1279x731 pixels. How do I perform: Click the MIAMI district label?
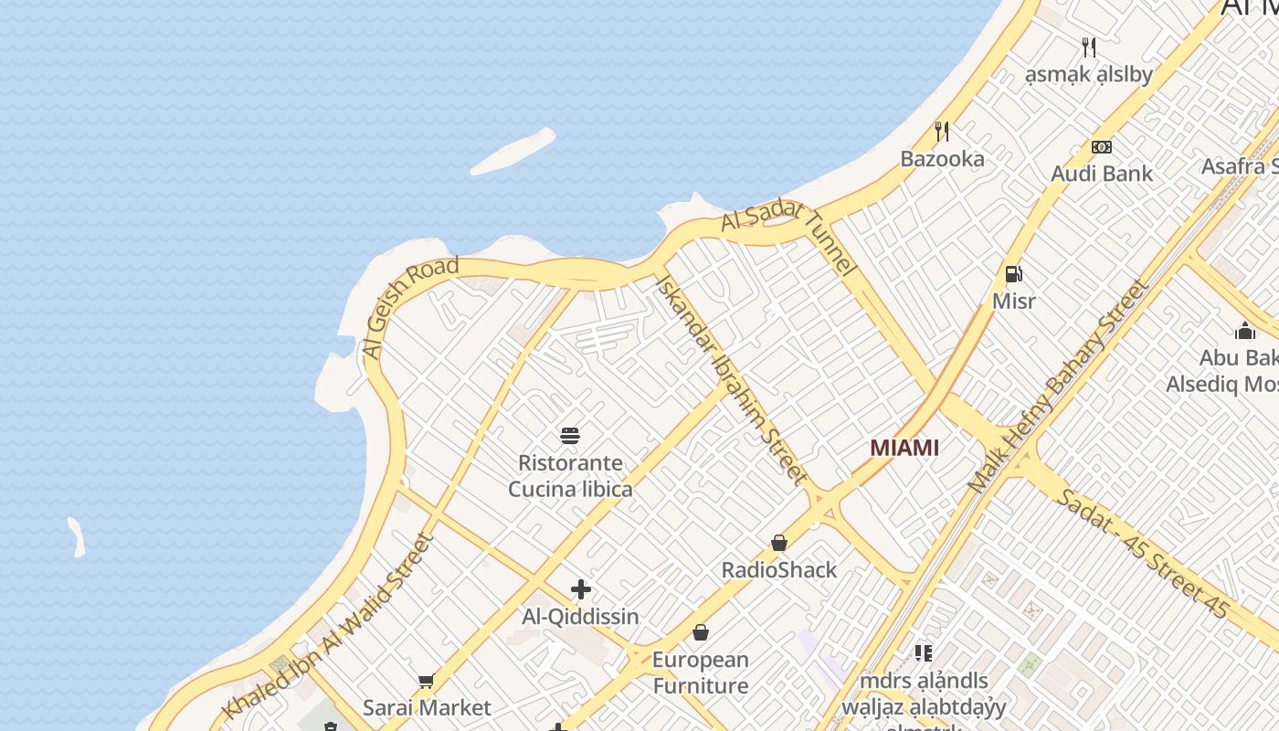[x=904, y=448]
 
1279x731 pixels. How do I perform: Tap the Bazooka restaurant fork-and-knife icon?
[x=942, y=132]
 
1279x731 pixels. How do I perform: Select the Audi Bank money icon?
[x=1102, y=147]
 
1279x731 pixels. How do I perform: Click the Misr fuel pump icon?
[x=1013, y=273]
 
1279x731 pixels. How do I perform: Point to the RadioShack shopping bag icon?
[x=779, y=544]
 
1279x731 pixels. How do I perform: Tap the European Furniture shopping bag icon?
[x=701, y=632]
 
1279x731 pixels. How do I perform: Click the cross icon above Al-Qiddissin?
[x=580, y=589]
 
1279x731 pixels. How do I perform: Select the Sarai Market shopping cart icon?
[x=426, y=681]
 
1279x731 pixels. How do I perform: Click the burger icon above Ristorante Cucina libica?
[x=570, y=435]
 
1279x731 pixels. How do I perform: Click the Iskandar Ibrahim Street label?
[x=731, y=379]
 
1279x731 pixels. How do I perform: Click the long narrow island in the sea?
[x=513, y=152]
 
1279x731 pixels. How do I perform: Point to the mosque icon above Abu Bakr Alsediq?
[x=1244, y=331]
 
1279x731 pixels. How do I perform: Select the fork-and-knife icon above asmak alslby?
[x=1088, y=48]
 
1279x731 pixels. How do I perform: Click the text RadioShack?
[x=779, y=570]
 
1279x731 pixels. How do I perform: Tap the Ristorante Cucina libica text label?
[x=570, y=476]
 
